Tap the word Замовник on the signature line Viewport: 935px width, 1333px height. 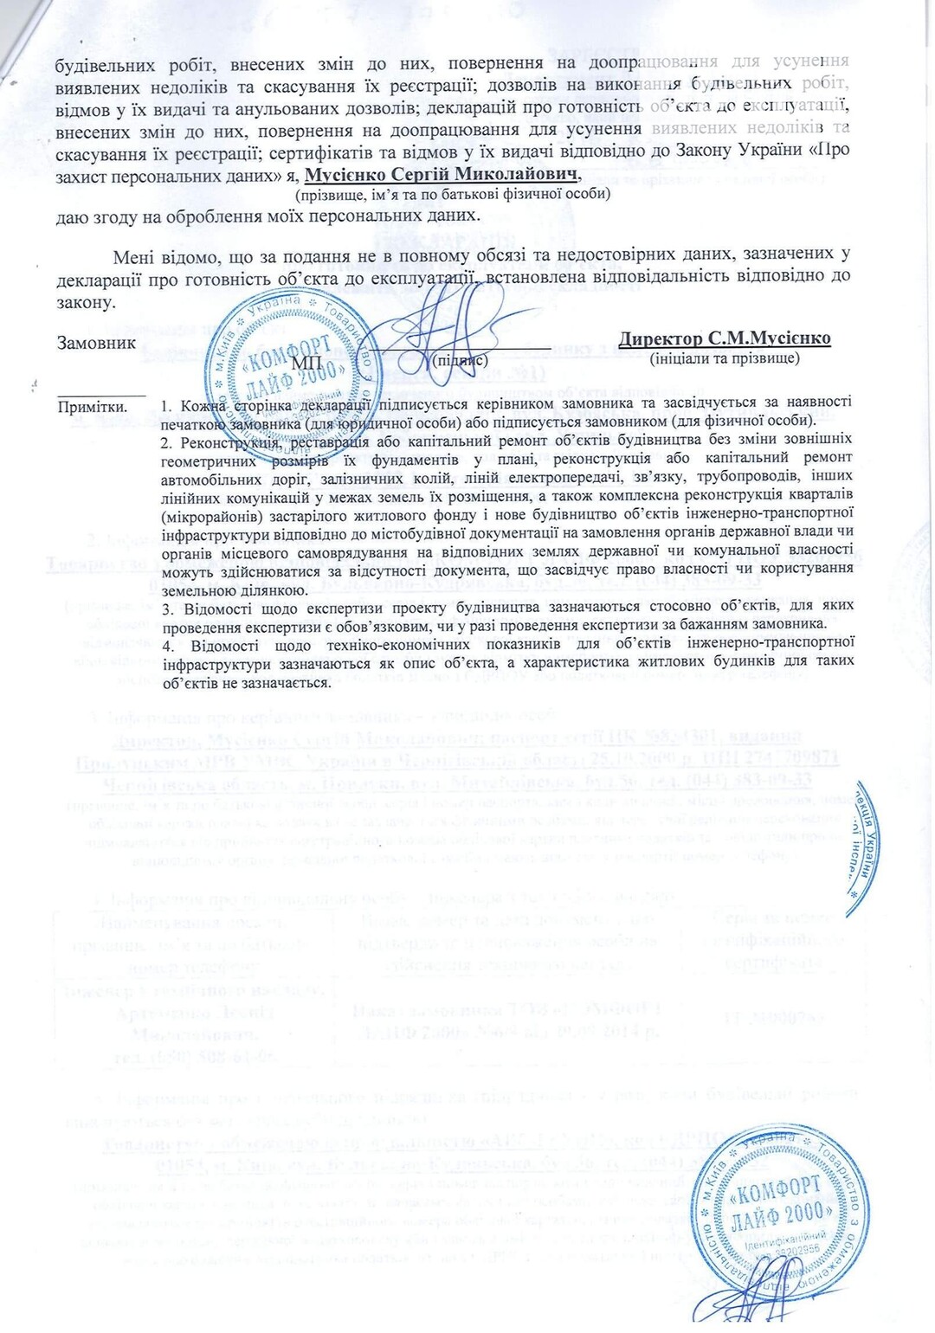[96, 343]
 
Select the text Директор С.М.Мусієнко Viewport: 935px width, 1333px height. [725, 338]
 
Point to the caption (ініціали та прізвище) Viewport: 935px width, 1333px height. [725, 357]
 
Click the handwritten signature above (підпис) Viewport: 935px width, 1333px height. [450, 320]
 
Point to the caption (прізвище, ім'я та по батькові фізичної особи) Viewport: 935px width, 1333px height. [453, 195]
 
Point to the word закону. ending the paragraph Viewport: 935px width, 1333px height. [85, 304]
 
